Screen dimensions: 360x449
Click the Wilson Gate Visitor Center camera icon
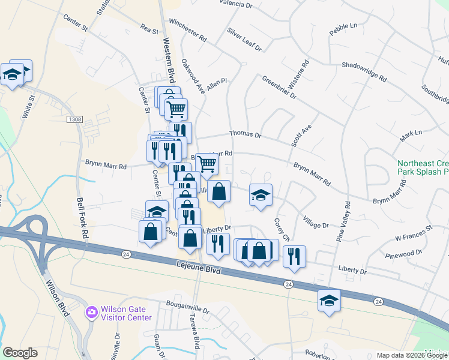tap(91, 312)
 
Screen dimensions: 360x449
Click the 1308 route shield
tap(74, 119)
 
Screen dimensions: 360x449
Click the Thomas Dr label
tap(246, 135)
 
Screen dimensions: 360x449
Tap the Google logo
tap(20, 352)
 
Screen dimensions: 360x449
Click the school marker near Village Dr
tap(261, 196)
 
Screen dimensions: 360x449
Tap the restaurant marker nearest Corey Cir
tap(294, 256)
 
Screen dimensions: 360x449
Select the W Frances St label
tap(414, 233)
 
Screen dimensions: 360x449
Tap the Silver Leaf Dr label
tap(244, 38)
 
